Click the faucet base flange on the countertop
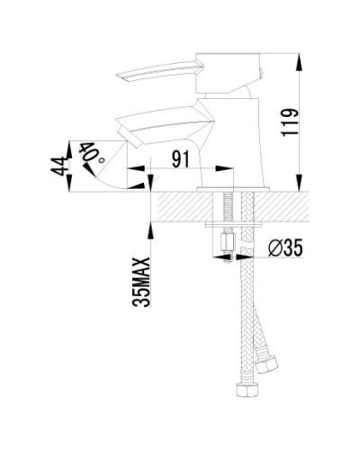[233, 187]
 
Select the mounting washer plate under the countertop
[232, 226]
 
